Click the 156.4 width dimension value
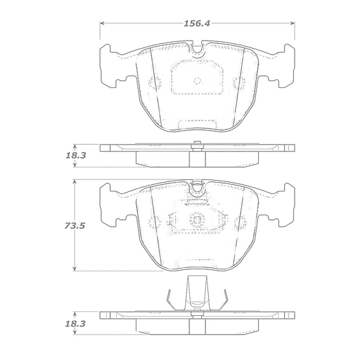pos(197,23)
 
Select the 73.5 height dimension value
pos(75,226)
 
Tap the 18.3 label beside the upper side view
pos(76,155)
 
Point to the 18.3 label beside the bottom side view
pos(75,324)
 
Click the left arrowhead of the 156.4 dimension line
pos(103,23)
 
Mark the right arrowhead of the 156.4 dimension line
pos(293,23)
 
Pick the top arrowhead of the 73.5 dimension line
pos(74,182)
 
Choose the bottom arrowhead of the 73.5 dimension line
pos(74,269)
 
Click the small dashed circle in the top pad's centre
pos(197,81)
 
